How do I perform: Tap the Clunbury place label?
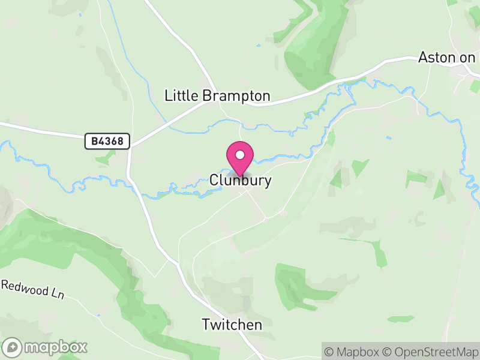pos(241,180)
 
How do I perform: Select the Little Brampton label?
pos(217,96)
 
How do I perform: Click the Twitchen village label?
pos(232,325)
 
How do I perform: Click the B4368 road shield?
pos(107,142)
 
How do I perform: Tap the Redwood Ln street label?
pos(32,290)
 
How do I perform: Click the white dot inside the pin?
pos(240,155)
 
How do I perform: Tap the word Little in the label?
pos(181,96)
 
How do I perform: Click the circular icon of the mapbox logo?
pos(13,347)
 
